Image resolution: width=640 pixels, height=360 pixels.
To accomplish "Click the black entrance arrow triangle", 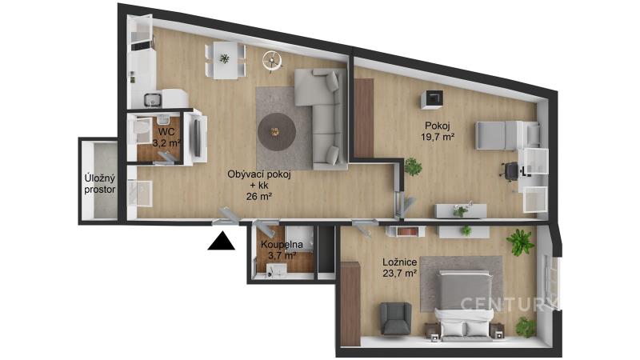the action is click(x=222, y=242).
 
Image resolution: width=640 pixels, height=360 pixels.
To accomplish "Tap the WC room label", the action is click(x=166, y=132).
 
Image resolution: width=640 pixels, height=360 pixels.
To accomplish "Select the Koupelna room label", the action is click(x=282, y=245).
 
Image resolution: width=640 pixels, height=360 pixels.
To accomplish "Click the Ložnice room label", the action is click(x=399, y=262).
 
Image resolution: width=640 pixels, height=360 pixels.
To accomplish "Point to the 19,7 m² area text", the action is click(x=438, y=137).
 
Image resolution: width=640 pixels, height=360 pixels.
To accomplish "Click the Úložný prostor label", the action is click(x=99, y=184).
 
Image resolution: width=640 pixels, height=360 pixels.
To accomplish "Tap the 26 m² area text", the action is click(x=259, y=196).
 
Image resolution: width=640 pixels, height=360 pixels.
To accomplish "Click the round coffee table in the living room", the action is click(x=277, y=132).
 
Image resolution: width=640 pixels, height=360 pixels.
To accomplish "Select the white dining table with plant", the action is click(x=226, y=61).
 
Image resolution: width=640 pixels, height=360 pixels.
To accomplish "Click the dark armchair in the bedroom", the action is click(x=395, y=318).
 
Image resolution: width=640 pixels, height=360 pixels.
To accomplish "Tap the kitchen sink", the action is click(x=153, y=99).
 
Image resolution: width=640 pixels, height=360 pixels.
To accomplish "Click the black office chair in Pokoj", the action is click(x=510, y=171).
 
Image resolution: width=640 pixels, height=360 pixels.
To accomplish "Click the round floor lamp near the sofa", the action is click(x=272, y=62).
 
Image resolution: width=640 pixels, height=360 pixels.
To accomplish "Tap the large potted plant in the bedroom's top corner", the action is click(x=520, y=242).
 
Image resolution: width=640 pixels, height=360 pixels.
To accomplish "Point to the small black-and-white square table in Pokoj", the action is click(x=431, y=99).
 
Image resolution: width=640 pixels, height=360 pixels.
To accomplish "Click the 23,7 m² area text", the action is click(x=399, y=273).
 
